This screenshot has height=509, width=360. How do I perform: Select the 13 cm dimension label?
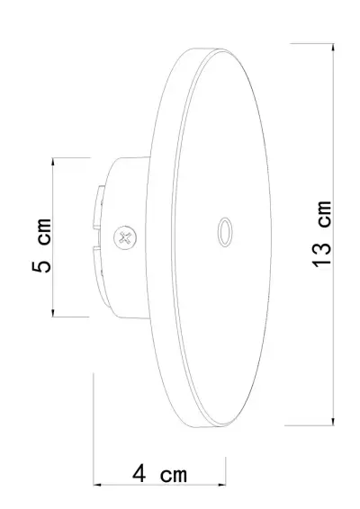321,232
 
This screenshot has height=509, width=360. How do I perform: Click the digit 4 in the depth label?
139,471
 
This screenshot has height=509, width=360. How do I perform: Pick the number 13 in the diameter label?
321,253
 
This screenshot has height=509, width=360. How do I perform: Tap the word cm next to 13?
321,212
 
